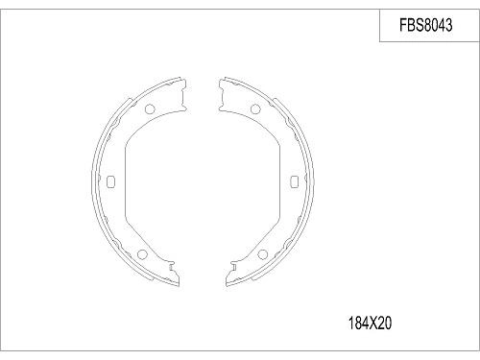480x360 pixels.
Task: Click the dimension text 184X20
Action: [x=371, y=324]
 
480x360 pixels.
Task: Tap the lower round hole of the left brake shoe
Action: [x=142, y=254]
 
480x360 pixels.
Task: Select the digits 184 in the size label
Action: [x=356, y=324]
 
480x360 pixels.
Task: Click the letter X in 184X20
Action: [x=372, y=324]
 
